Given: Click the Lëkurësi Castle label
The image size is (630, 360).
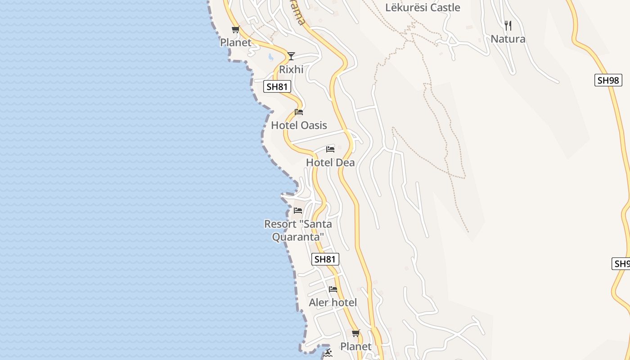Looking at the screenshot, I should tap(423, 8).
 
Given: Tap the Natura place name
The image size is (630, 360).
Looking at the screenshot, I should tap(508, 39).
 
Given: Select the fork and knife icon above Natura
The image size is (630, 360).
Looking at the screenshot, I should tap(508, 25).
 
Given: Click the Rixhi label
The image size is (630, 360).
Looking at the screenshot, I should tap(291, 70).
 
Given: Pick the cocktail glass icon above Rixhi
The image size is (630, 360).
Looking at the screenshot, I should tap(291, 56).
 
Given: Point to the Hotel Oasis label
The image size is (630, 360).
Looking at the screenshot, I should tap(299, 126).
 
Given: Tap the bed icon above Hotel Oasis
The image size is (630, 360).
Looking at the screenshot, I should tap(299, 112).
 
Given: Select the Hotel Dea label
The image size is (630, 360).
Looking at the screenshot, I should tap(330, 163).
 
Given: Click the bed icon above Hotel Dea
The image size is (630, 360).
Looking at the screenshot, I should tap(330, 149).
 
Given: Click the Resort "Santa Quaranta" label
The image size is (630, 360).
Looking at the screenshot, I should tap(298, 230).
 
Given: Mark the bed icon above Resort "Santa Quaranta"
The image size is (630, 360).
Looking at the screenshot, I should tap(298, 211).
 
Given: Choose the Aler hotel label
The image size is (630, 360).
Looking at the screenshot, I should tap(333, 303).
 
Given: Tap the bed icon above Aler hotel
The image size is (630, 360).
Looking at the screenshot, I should tap(333, 289).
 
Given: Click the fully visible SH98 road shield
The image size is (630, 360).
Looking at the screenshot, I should tap(608, 81).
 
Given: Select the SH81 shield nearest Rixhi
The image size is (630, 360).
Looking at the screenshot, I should tap(277, 87).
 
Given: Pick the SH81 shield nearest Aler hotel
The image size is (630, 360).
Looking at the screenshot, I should tap(325, 259).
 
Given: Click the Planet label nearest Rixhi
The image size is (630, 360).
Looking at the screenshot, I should tap(235, 43).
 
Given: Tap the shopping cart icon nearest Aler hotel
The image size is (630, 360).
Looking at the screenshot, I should tap(356, 333).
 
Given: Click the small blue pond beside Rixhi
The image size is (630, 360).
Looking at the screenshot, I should tap(270, 57).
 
